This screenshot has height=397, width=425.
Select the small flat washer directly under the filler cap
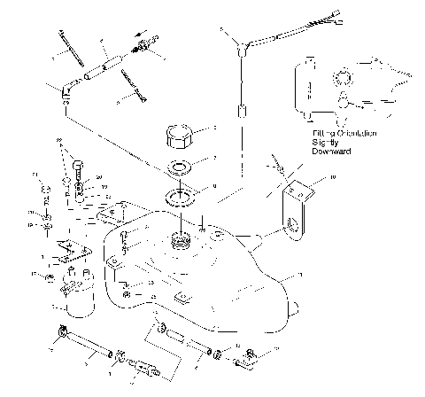[181, 167]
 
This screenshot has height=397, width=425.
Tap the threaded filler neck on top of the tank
[182, 238]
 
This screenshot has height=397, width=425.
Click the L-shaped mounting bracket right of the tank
[291, 208]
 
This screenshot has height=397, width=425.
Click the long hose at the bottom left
[89, 346]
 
